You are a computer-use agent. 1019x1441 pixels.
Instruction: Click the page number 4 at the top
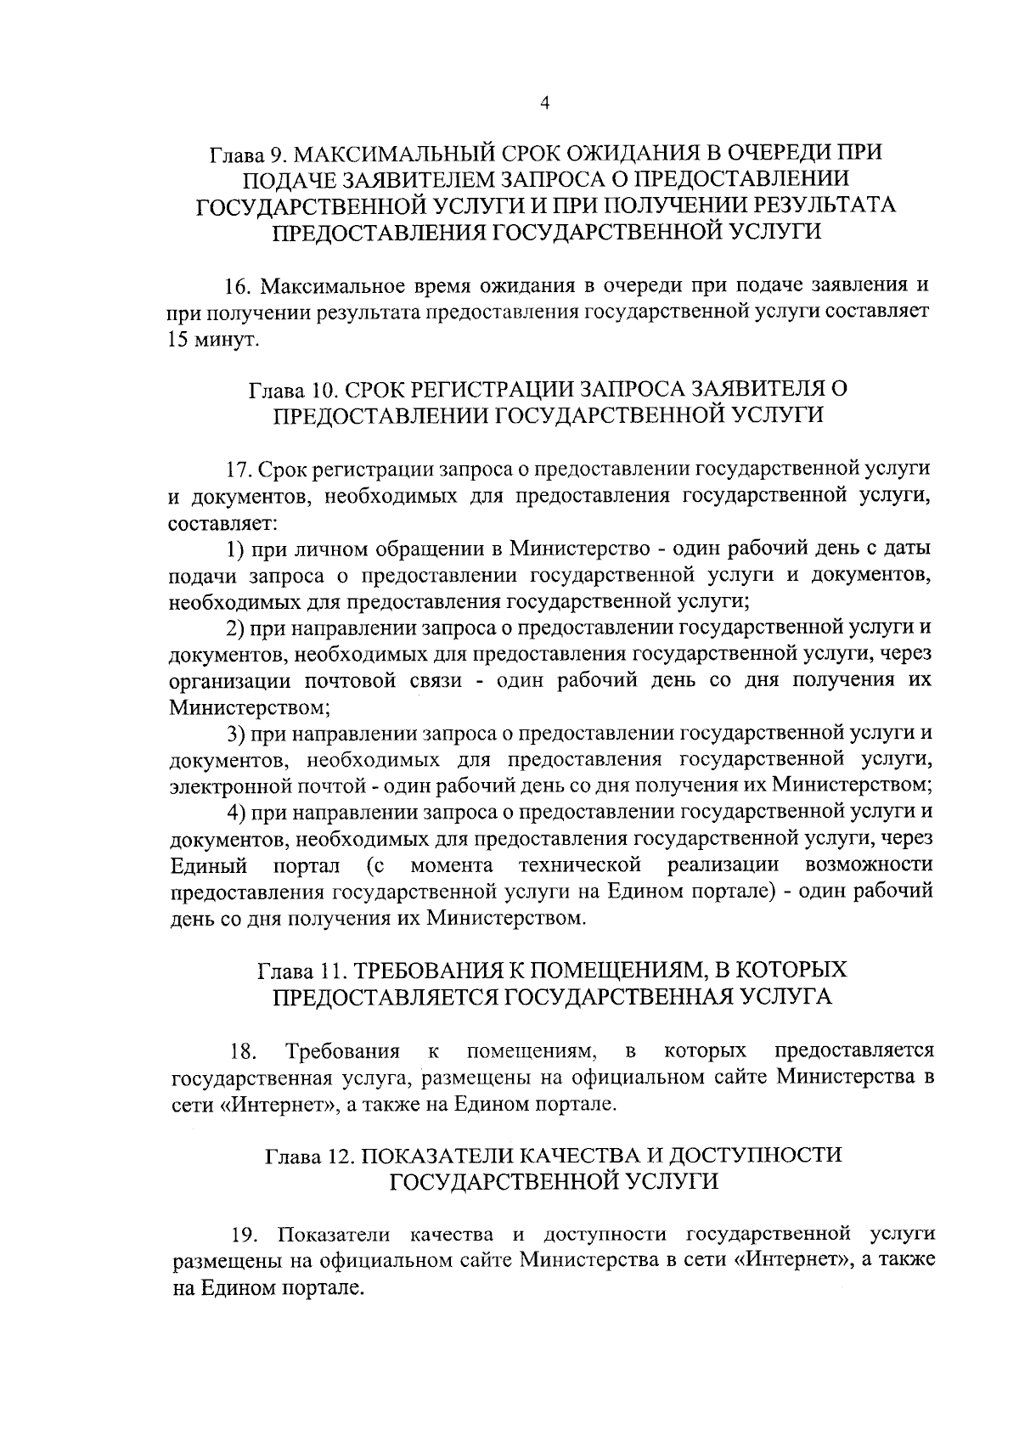(x=544, y=104)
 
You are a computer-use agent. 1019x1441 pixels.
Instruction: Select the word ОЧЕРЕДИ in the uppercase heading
(x=767, y=155)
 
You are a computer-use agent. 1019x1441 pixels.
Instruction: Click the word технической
(x=579, y=865)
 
